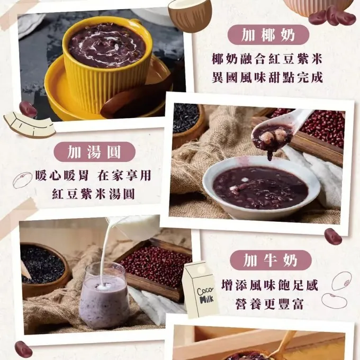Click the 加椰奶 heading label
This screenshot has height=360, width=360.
(x=268, y=35)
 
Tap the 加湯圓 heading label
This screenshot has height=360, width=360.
(x=94, y=151)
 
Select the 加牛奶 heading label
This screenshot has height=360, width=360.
(x=271, y=260)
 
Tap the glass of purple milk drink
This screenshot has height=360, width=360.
(x=104, y=296)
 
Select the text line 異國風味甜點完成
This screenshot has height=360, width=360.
(x=267, y=78)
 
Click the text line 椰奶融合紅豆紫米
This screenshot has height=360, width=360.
(x=267, y=59)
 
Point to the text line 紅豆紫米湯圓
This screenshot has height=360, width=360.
(x=93, y=194)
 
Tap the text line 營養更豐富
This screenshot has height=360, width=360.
(x=269, y=304)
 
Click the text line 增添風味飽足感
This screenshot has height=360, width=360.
(x=270, y=285)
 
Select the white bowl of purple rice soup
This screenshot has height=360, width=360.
(x=262, y=187)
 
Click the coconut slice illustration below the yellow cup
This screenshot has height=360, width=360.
(x=30, y=124)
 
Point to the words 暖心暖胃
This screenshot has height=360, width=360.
(x=62, y=175)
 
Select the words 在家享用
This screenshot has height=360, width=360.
(x=124, y=175)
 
